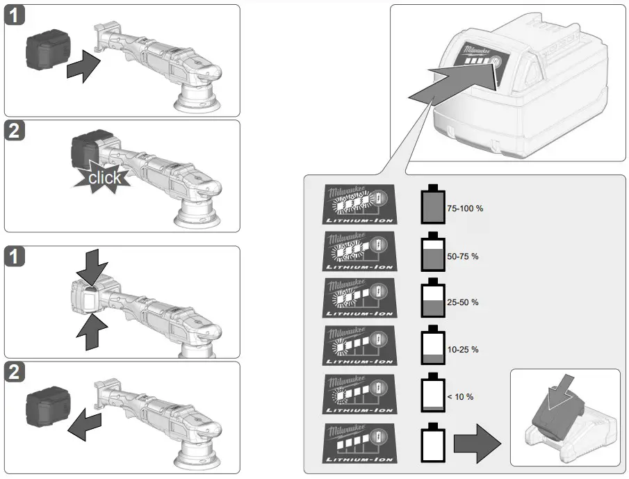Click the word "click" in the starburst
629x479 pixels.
[x=104, y=178]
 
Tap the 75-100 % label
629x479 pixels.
[x=465, y=209]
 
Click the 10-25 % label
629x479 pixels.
[x=464, y=350]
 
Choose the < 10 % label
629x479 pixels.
[x=460, y=396]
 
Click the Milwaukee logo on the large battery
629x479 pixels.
[x=480, y=51]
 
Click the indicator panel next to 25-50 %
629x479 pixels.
[x=360, y=299]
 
